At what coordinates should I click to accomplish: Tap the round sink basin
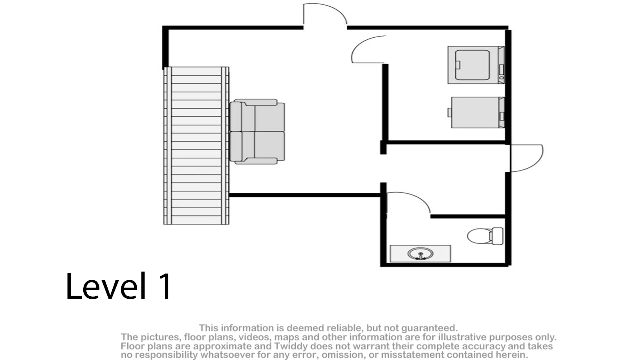click(420, 254)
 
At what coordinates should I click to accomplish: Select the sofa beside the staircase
click(257, 131)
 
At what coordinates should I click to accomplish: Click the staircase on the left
click(196, 145)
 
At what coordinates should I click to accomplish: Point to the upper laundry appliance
click(475, 65)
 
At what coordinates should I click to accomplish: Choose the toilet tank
click(496, 236)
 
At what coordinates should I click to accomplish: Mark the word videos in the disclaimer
click(255, 337)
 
